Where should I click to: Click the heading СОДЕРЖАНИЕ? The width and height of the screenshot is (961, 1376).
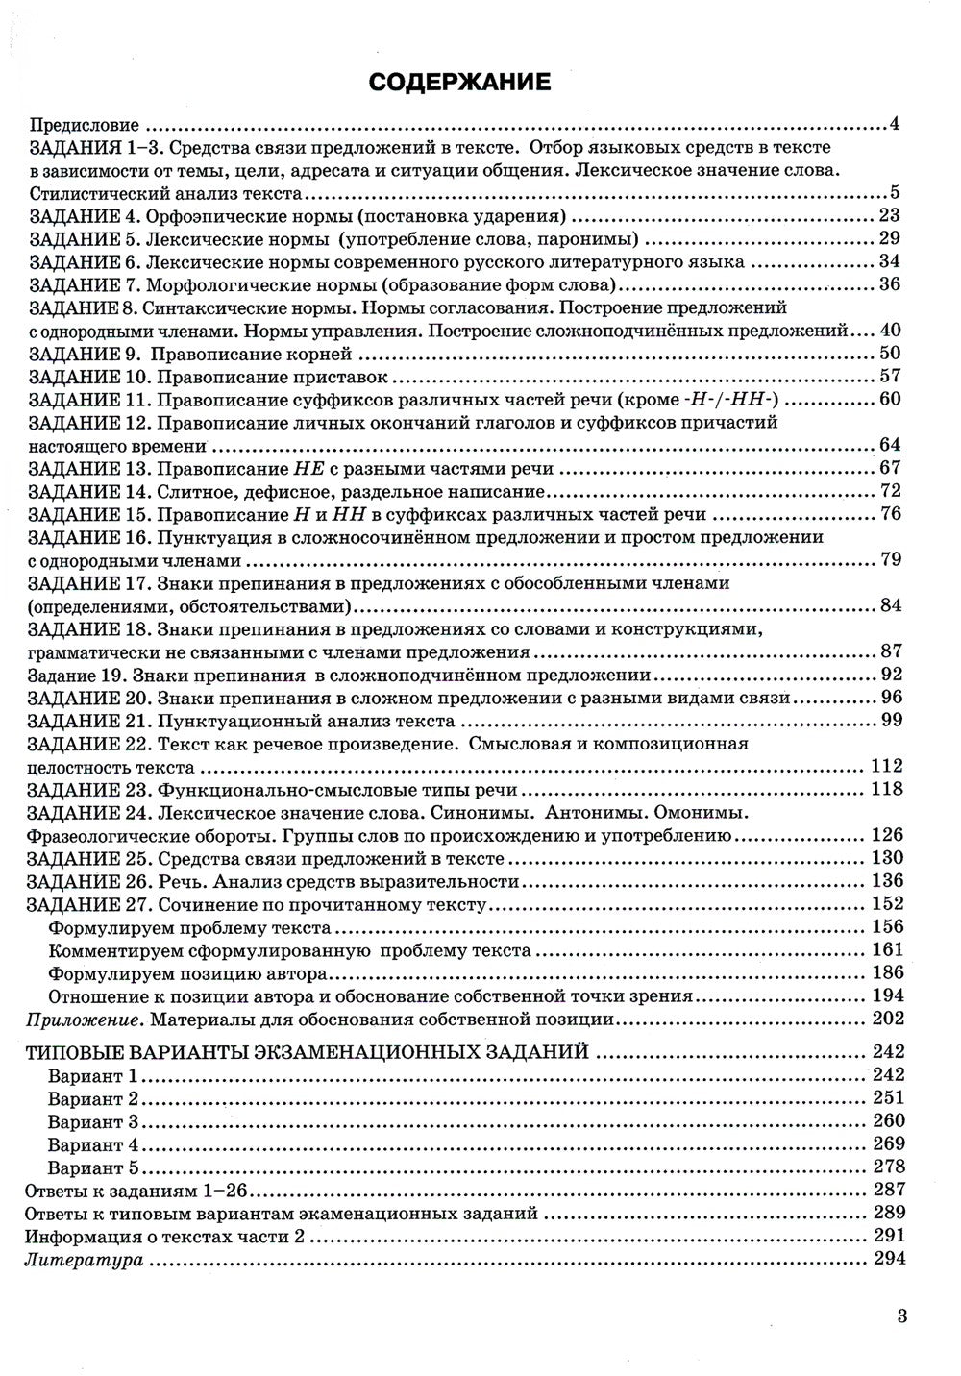pos(460,83)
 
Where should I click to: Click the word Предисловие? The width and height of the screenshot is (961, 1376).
pos(85,125)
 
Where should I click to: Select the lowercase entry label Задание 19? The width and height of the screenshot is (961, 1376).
pos(68,675)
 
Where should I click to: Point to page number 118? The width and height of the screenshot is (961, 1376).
pos(886,789)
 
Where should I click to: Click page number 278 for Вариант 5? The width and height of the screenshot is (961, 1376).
pos(886,1167)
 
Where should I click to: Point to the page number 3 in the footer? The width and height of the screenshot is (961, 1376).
pos(900,1316)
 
